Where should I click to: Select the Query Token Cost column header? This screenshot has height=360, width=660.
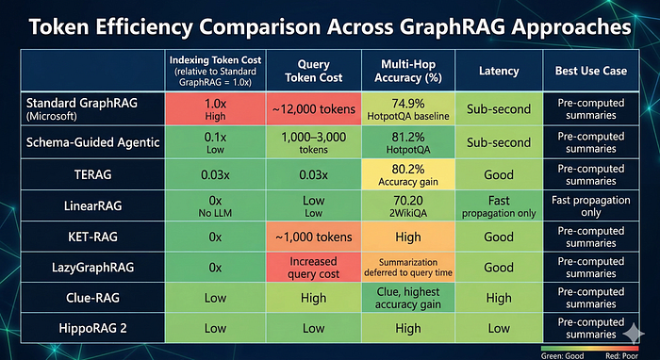(x=314, y=71)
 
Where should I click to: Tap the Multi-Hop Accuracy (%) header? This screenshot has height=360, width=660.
(x=408, y=71)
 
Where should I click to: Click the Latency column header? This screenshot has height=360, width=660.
(x=499, y=71)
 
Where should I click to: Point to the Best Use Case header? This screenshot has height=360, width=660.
(x=591, y=71)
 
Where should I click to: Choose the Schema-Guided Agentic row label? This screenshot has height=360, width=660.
(x=93, y=142)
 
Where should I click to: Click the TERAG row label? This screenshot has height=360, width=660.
(x=93, y=174)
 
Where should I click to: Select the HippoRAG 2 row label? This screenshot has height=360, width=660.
(x=93, y=328)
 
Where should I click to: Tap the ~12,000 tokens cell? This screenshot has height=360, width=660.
(x=314, y=109)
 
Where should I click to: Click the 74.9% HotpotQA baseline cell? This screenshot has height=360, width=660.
(x=408, y=109)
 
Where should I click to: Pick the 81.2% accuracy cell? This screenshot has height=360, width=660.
(x=408, y=142)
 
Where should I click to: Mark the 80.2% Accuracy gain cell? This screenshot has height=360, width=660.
(x=408, y=174)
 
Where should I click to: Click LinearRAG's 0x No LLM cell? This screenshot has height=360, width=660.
(x=215, y=205)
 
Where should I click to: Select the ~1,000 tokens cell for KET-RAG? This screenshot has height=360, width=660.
(x=314, y=237)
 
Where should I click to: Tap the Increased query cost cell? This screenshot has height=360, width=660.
(x=314, y=267)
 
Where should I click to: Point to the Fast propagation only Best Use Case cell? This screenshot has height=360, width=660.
(x=591, y=205)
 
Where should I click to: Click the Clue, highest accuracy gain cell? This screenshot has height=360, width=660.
(x=408, y=298)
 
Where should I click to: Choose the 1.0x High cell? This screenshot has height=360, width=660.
(x=215, y=109)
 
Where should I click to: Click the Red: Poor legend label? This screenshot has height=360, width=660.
(x=621, y=356)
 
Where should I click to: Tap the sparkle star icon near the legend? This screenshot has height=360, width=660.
(x=634, y=334)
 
